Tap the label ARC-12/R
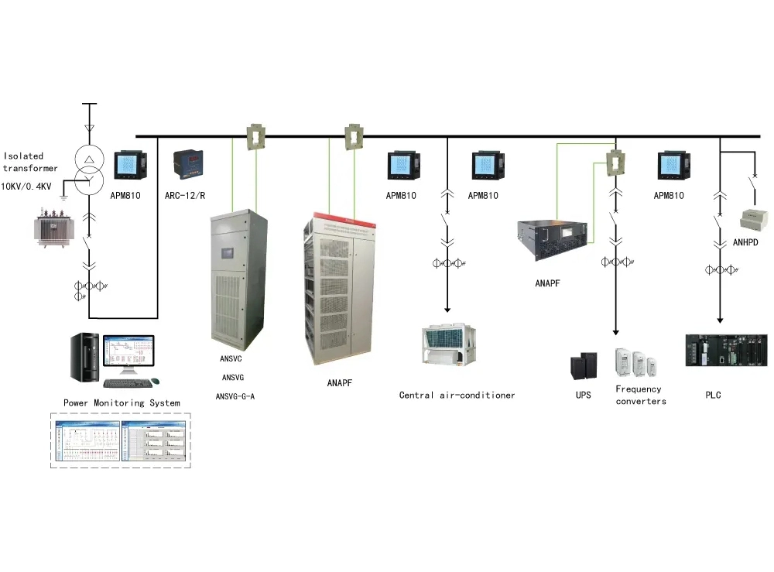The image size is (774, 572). click(x=185, y=196)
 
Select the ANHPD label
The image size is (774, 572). click(x=745, y=241)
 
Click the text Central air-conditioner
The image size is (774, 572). click(x=457, y=396)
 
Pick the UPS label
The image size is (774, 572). click(x=583, y=396)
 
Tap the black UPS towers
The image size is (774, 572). click(x=584, y=367)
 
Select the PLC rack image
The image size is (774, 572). click(x=726, y=350)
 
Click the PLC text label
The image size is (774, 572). click(x=713, y=396)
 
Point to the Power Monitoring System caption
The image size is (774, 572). click(x=122, y=403)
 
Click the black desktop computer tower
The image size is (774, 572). click(x=85, y=358)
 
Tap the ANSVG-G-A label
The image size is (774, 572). click(x=235, y=396)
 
